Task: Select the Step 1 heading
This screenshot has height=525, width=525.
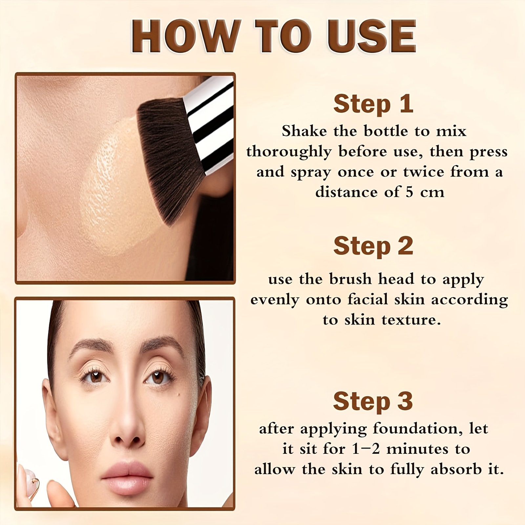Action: [373, 104]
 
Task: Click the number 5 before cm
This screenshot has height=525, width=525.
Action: [409, 192]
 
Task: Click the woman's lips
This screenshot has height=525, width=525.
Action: [127, 477]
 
